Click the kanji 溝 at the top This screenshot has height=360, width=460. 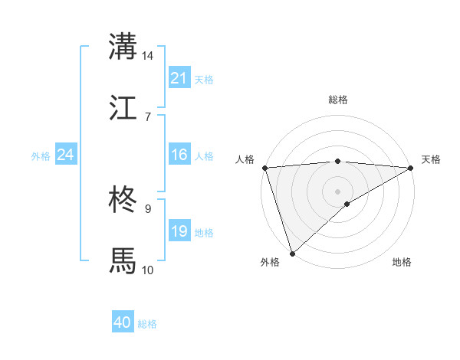(x=123, y=46)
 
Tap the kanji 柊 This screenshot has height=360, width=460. (x=123, y=201)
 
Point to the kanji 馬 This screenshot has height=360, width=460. (x=123, y=260)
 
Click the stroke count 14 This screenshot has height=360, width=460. (x=148, y=56)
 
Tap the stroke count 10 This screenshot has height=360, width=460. (x=148, y=270)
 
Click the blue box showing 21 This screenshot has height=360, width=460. (x=179, y=78)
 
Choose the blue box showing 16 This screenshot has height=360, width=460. (x=179, y=155)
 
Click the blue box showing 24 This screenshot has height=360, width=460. (x=66, y=155)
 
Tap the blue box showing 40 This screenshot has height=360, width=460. (x=123, y=322)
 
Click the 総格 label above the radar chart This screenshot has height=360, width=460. (x=338, y=100)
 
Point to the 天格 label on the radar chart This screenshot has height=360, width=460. (x=431, y=159)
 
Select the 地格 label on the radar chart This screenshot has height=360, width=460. (x=402, y=263)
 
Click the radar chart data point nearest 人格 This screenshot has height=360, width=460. (x=264, y=168)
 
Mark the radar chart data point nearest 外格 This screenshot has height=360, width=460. (x=292, y=253)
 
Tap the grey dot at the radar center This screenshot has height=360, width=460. (x=338, y=191)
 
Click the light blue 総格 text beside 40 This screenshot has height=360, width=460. (x=147, y=324)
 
